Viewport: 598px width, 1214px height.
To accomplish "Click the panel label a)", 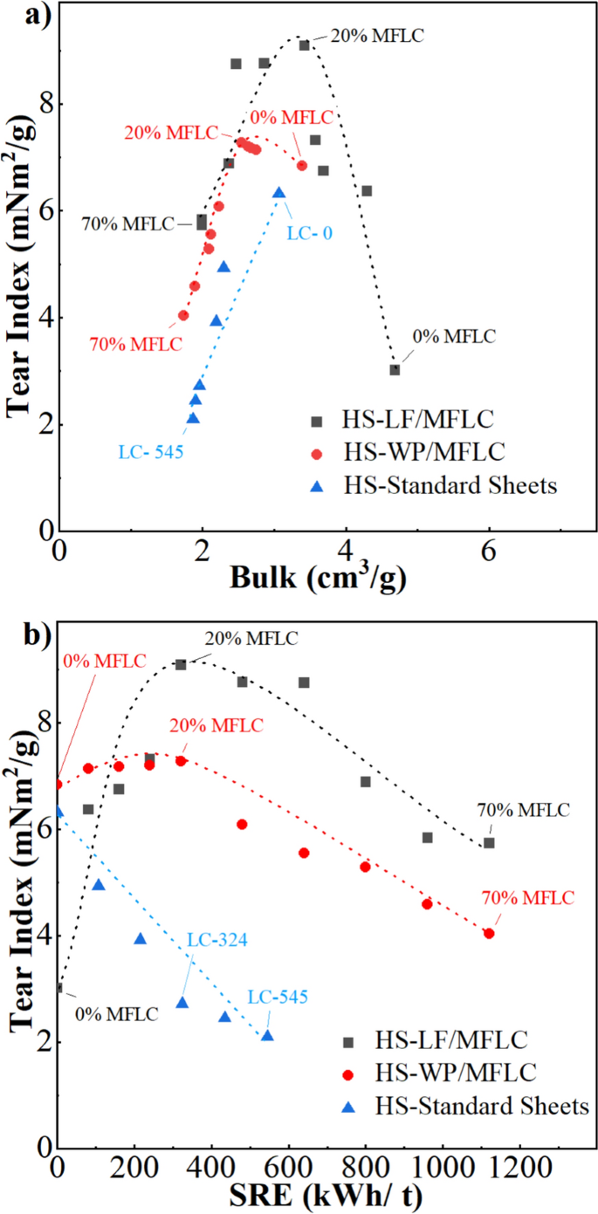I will tap(20, 15).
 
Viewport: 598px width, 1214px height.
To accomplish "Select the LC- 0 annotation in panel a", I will tap(310, 233).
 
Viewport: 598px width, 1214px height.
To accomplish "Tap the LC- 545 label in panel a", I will tap(150, 452).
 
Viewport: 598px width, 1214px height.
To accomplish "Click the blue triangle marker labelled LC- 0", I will tap(278, 193).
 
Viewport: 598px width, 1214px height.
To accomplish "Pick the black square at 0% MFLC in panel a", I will tap(395, 369).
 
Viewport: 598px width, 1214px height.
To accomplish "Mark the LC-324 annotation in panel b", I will tap(218, 941).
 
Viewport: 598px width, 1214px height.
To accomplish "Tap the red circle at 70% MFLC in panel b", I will tap(489, 933).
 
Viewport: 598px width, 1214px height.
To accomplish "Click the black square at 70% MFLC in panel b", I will tap(489, 842).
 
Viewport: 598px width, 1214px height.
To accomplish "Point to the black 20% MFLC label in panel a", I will tap(376, 37).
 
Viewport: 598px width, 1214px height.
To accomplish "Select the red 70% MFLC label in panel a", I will tap(136, 344).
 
